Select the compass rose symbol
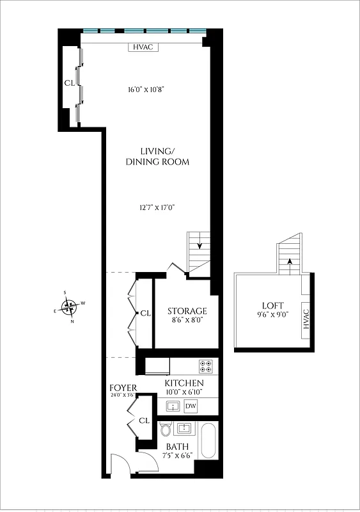point(72,307)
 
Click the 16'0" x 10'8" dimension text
point(146,90)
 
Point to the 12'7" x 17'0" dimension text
point(157,207)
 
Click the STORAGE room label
point(187,311)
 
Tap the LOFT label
point(272,305)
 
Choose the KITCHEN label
point(184,383)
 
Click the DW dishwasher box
point(191,406)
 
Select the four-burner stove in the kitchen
point(206,367)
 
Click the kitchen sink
point(172,406)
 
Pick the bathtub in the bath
point(208,440)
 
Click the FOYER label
point(123,388)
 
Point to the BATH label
point(177,447)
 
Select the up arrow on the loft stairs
point(290,260)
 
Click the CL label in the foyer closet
point(144,420)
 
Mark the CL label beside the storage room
point(145,313)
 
